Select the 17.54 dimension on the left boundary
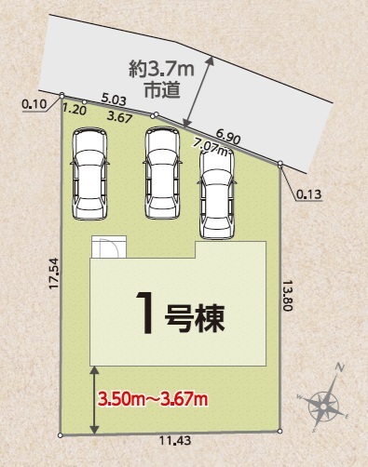53,277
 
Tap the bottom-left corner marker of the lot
61,434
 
